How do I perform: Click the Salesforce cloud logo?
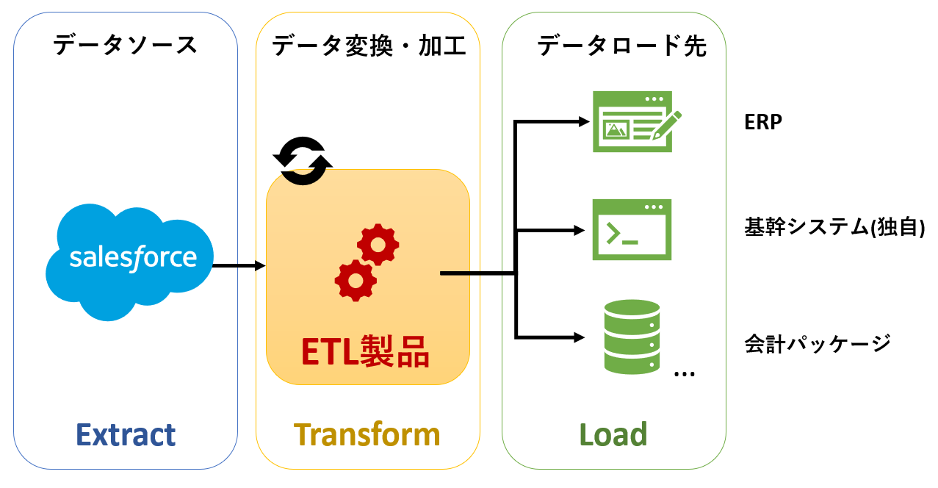click(131, 259)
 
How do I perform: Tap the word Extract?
click(126, 435)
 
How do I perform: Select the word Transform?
click(367, 435)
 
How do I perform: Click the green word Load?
click(613, 435)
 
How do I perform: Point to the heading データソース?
click(126, 46)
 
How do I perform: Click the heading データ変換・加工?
click(369, 46)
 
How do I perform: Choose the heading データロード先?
click(621, 46)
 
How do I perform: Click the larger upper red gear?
click(378, 245)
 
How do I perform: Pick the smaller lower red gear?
click(356, 280)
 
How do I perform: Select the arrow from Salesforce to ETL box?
click(239, 265)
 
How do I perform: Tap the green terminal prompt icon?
click(632, 229)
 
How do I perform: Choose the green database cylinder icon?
click(632, 337)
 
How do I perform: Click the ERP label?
click(762, 123)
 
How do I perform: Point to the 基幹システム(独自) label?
click(834, 229)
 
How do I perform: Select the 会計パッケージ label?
click(818, 342)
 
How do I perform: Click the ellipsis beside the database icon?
click(684, 374)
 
